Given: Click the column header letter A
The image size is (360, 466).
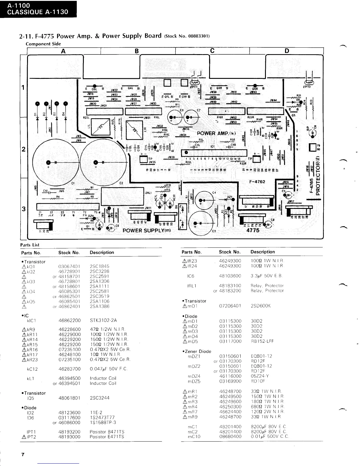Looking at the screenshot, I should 63,51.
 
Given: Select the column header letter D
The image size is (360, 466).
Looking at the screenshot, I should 287,51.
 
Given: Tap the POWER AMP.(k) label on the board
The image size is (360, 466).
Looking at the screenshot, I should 216,133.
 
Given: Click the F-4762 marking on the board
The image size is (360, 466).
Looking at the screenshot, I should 257,182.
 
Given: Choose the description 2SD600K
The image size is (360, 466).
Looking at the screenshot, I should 261,306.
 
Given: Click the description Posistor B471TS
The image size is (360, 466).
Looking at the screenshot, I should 107,432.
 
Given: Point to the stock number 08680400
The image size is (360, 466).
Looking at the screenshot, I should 230,436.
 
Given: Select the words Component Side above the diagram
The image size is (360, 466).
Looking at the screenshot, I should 43,44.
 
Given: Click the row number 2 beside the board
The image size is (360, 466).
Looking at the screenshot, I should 23,149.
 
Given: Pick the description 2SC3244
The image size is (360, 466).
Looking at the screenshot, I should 99,398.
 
